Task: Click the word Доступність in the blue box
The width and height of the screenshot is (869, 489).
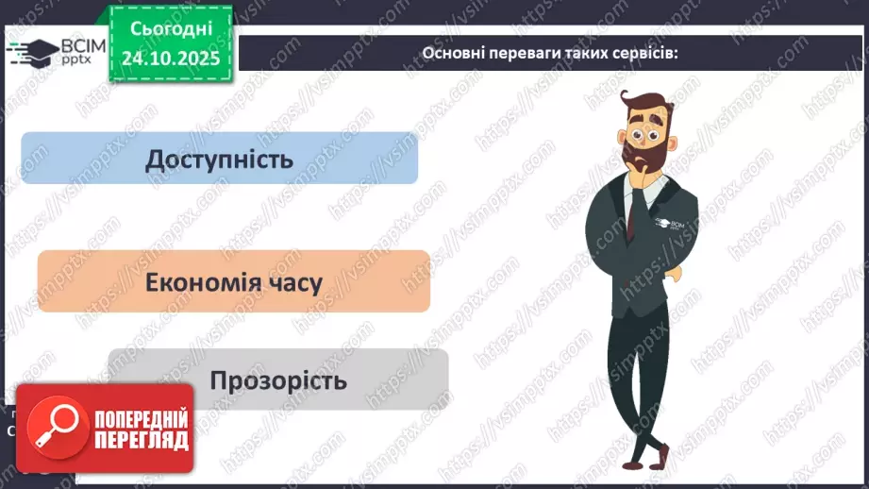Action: pos(219,159)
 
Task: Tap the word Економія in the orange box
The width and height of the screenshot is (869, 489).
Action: pos(197,282)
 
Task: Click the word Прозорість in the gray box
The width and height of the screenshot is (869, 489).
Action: pos(278,381)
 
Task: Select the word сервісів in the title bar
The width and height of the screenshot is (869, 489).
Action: pos(646,53)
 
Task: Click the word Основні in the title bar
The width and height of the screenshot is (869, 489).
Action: pos(451,53)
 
